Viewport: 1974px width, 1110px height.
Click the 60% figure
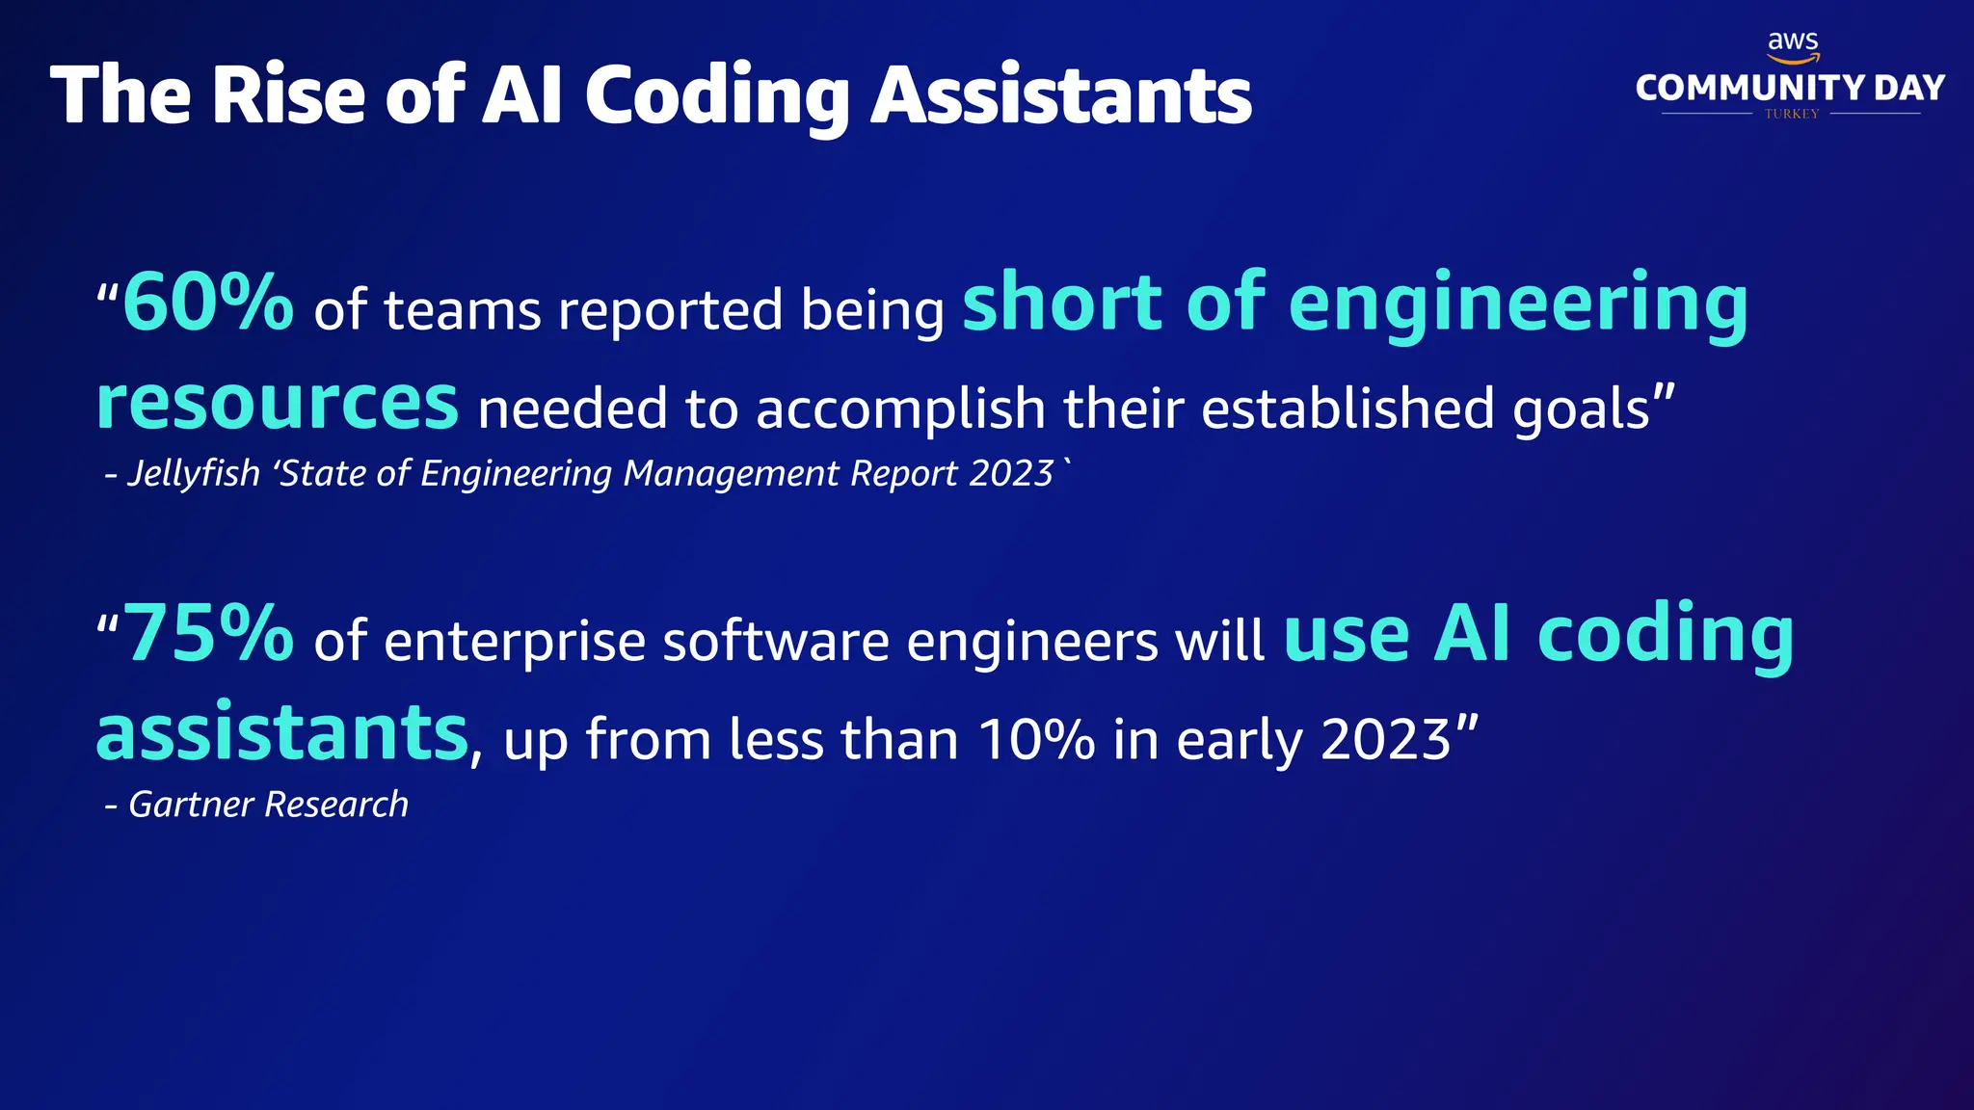pyautogui.click(x=208, y=303)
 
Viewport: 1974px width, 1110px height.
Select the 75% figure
pyautogui.click(x=208, y=633)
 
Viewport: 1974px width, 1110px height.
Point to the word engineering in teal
pyautogui.click(x=1518, y=306)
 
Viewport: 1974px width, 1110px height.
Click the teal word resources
pyautogui.click(x=278, y=403)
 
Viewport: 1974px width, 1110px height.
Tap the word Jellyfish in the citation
pyautogui.click(x=194, y=474)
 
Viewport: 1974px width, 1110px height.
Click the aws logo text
pyautogui.click(x=1793, y=42)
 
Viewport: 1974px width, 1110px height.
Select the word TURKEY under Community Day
pyautogui.click(x=1792, y=114)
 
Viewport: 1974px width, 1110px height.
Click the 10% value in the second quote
pyautogui.click(x=1036, y=740)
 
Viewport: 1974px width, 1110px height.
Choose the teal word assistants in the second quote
pyautogui.click(x=281, y=733)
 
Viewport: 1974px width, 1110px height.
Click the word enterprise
pyautogui.click(x=515, y=643)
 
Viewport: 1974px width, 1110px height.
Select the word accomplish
pyautogui.click(x=901, y=410)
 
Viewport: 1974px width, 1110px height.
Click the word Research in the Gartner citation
pyautogui.click(x=336, y=805)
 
